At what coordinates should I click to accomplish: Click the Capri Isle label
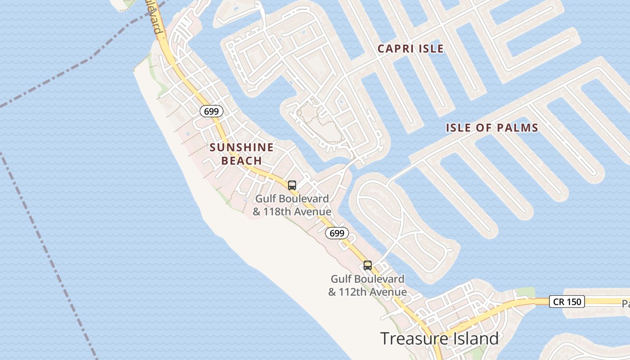[x=410, y=49]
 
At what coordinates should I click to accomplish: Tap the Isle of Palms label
[x=492, y=128]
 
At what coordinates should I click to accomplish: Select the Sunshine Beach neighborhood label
[x=242, y=154]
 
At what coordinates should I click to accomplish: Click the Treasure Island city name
[x=439, y=338]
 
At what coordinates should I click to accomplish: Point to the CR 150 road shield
[x=567, y=301]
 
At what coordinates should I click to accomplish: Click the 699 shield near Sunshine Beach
[x=211, y=111]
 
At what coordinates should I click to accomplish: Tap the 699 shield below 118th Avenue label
[x=337, y=233]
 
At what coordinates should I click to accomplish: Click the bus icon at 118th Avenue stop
[x=292, y=185]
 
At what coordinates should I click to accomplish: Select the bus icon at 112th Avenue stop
[x=368, y=265]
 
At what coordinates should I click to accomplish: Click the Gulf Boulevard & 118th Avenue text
[x=292, y=205]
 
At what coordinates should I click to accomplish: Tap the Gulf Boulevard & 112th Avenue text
[x=367, y=285]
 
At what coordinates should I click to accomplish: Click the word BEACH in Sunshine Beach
[x=242, y=161]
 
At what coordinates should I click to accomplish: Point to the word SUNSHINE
[x=242, y=147]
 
